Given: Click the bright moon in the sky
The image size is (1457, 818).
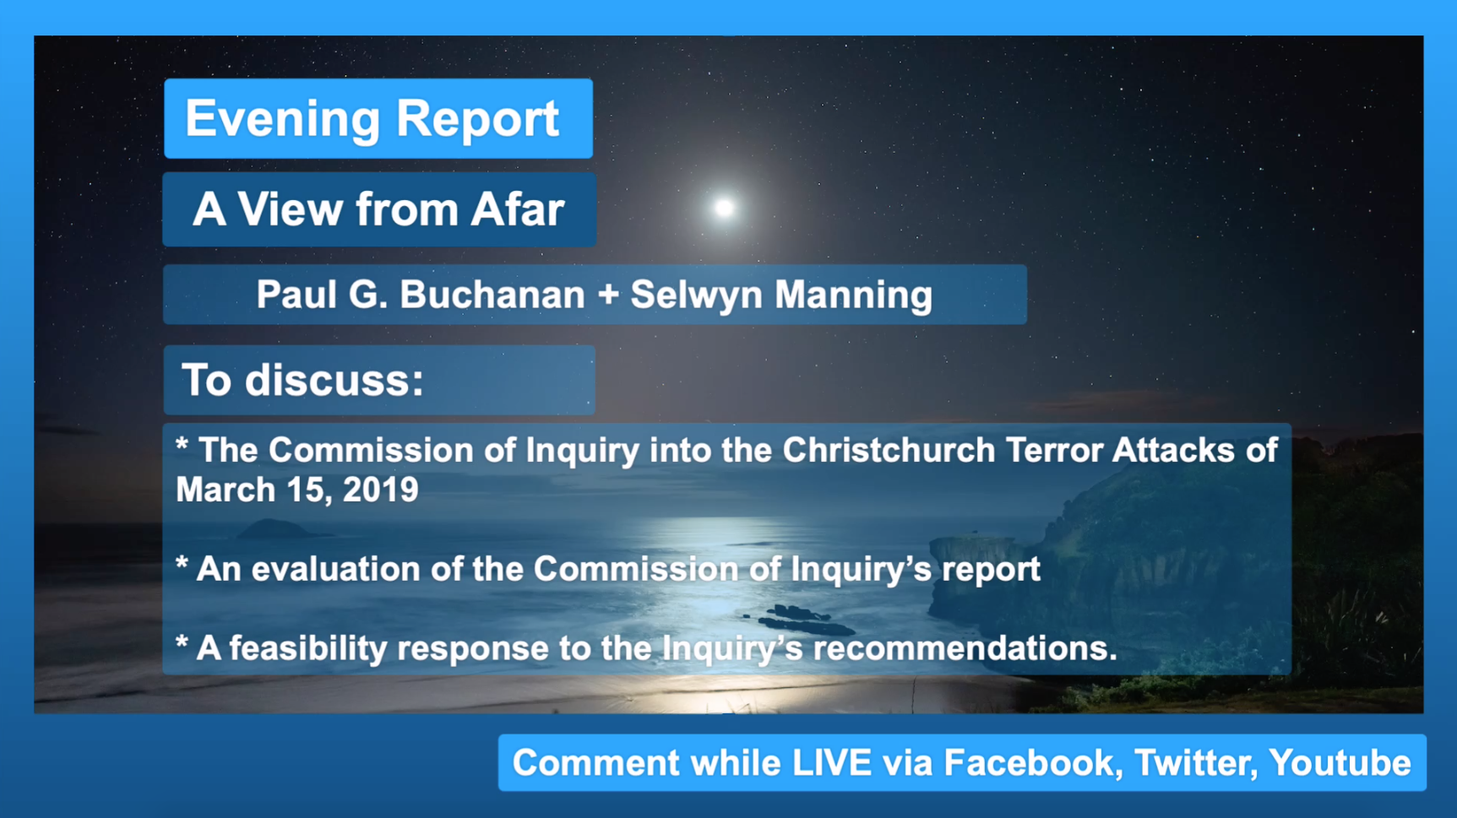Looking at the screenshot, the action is pyautogui.click(x=724, y=208).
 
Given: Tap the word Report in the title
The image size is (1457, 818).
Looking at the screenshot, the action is pyautogui.click(x=477, y=119).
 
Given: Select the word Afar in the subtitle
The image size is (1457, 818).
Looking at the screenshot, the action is pyautogui.click(x=517, y=209).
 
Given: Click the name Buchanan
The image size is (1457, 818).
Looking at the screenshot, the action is pyautogui.click(x=492, y=295).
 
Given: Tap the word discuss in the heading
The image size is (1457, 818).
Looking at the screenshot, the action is pyautogui.click(x=334, y=380).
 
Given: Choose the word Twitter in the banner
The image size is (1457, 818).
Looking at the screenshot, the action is pyautogui.click(x=1195, y=763).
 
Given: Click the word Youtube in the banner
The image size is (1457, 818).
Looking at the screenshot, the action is pyautogui.click(x=1340, y=763).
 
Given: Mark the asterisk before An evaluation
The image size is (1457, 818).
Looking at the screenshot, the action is pyautogui.click(x=182, y=563).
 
